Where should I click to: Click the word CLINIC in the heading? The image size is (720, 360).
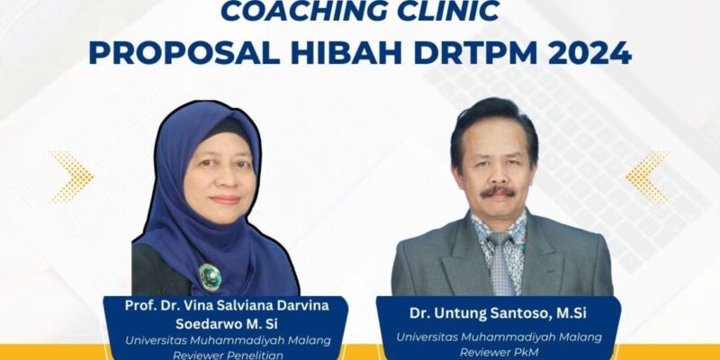pyautogui.click(x=448, y=11)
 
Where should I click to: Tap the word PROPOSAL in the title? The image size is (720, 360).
pyautogui.click(x=184, y=53)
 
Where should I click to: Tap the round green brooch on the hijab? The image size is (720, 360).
pyautogui.click(x=210, y=277)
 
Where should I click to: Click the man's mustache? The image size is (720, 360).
pyautogui.click(x=498, y=191)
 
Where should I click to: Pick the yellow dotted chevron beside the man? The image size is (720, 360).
pyautogui.click(x=647, y=176)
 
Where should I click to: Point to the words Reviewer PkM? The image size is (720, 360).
pyautogui.click(x=499, y=353)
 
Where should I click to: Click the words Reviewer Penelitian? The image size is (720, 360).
pyautogui.click(x=228, y=355)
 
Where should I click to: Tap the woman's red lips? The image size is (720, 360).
pyautogui.click(x=225, y=200)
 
